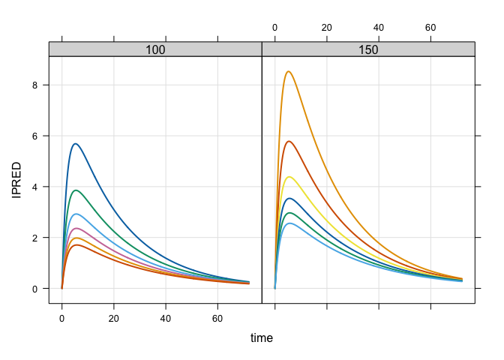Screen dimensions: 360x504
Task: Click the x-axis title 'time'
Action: (x=262, y=338)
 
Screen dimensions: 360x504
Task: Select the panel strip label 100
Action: (x=155, y=49)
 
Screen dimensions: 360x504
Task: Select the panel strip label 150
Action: (x=368, y=49)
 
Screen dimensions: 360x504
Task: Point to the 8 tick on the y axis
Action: (x=34, y=85)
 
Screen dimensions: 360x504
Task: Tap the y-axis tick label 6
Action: (x=34, y=136)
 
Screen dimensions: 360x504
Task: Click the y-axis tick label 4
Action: (x=34, y=187)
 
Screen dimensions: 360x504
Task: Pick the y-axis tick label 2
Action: (x=34, y=238)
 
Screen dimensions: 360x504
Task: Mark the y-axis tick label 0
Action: (x=34, y=289)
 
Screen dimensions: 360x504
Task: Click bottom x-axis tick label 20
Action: (x=114, y=317)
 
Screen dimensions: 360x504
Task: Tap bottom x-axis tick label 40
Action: (x=166, y=317)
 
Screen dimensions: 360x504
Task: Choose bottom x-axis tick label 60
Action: (x=218, y=317)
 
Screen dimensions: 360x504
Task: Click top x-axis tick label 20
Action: (x=327, y=28)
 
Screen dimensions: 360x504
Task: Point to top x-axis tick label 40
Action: (x=379, y=28)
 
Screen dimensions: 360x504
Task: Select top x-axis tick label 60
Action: (x=431, y=28)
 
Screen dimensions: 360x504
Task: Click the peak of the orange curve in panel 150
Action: (x=288, y=72)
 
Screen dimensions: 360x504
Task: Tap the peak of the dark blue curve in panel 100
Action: (x=75, y=143)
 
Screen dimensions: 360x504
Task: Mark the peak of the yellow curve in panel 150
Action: (x=289, y=177)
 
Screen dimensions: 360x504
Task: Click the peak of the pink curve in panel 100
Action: (x=76, y=228)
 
